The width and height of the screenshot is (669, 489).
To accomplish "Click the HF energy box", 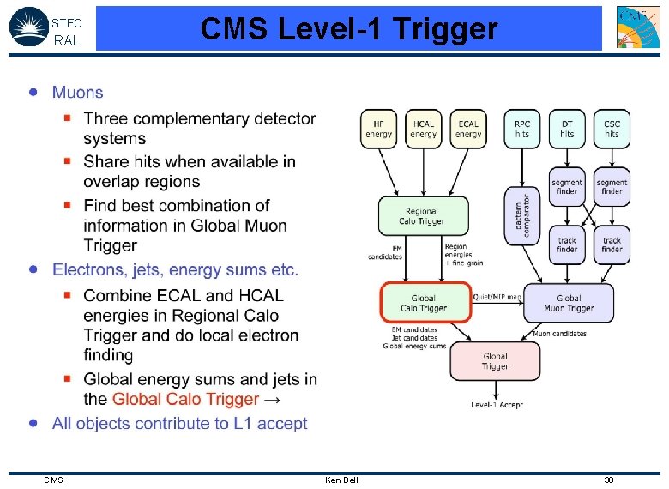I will tap(378, 129).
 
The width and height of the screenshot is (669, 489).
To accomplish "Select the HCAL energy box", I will tap(423, 129).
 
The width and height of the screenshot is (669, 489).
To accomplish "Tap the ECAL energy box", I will tap(468, 129).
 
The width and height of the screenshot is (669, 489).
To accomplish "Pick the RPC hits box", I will tap(522, 129).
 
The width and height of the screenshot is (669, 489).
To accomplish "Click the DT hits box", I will tap(567, 129).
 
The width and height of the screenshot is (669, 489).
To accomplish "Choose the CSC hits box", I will tap(612, 129).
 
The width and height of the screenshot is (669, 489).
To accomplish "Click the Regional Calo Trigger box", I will tap(424, 215).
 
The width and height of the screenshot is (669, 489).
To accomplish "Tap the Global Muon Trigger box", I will tap(569, 303).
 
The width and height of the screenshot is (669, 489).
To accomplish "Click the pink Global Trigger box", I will tap(495, 361).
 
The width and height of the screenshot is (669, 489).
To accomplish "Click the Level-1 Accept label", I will tap(497, 405).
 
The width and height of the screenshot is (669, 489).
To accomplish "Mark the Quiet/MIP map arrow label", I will tap(497, 297).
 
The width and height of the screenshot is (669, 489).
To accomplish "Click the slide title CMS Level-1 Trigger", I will tap(348, 29).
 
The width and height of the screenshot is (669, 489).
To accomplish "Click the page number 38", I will tap(608, 480).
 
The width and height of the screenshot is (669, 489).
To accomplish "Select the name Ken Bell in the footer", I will tap(341, 480).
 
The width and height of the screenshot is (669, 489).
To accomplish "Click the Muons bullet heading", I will tap(77, 93).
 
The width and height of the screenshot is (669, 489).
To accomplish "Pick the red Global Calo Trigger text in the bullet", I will tap(185, 399).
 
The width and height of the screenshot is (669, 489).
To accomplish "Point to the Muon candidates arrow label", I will tap(559, 333).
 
